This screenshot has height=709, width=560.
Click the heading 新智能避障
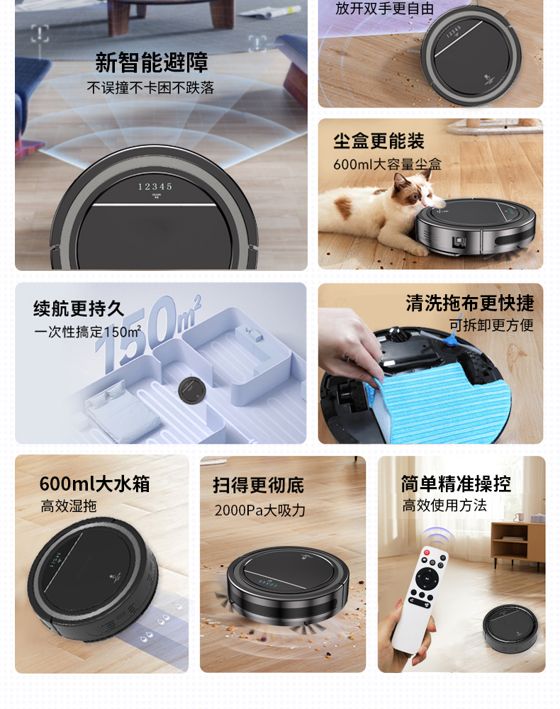[x=152, y=62]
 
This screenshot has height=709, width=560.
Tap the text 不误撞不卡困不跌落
[x=150, y=88]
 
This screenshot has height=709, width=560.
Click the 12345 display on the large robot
[x=155, y=186]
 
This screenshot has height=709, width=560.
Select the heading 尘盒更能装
[x=379, y=141]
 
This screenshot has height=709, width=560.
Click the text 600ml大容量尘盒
[x=387, y=164]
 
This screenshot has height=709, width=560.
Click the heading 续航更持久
[x=79, y=309]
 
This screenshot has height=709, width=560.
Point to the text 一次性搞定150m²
[x=87, y=331]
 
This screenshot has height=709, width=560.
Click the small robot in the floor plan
[x=191, y=390]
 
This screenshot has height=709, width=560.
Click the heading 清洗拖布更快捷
[x=469, y=303]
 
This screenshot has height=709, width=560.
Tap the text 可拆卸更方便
[x=491, y=325]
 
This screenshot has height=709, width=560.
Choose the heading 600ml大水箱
[x=94, y=484]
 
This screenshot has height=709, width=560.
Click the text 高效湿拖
[x=69, y=506]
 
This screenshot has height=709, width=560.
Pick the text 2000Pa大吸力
[x=260, y=510]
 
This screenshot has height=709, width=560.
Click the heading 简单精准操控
[x=456, y=484]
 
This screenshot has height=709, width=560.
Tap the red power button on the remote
[x=427, y=552]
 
